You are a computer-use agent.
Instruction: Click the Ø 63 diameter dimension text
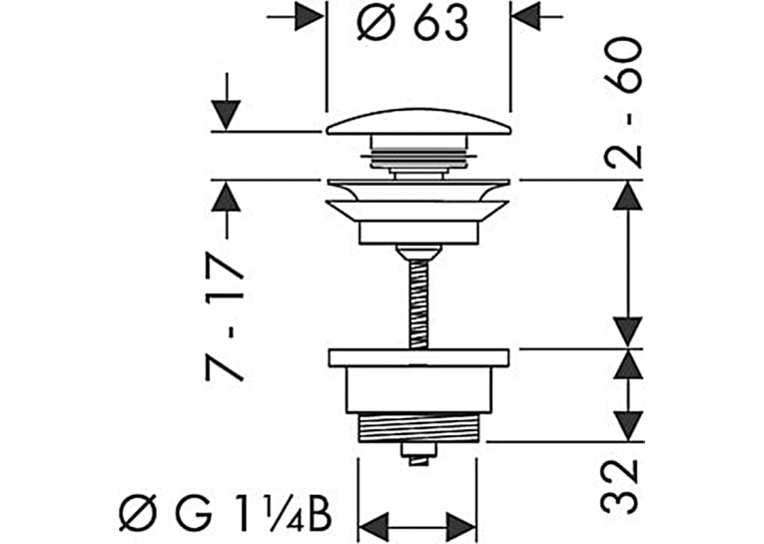(412, 22)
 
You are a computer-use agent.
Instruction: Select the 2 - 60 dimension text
(622, 102)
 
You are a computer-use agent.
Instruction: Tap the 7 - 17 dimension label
(224, 315)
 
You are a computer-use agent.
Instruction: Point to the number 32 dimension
(620, 486)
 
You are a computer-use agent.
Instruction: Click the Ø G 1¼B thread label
(226, 513)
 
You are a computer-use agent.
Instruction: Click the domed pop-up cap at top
(418, 121)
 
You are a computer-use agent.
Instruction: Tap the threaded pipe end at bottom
(418, 427)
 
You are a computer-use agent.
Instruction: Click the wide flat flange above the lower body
(418, 357)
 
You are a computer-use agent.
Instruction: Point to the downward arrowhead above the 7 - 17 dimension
(226, 116)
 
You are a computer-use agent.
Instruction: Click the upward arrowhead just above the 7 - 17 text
(226, 196)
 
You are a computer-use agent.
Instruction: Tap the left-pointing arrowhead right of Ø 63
(526, 17)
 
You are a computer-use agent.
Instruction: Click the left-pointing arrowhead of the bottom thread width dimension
(374, 527)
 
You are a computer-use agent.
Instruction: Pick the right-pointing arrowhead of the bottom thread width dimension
(461, 527)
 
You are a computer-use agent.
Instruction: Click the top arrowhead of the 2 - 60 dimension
(627, 196)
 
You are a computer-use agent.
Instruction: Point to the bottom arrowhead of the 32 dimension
(627, 426)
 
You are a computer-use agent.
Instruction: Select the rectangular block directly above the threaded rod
(418, 233)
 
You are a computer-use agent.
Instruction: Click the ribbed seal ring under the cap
(418, 157)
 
